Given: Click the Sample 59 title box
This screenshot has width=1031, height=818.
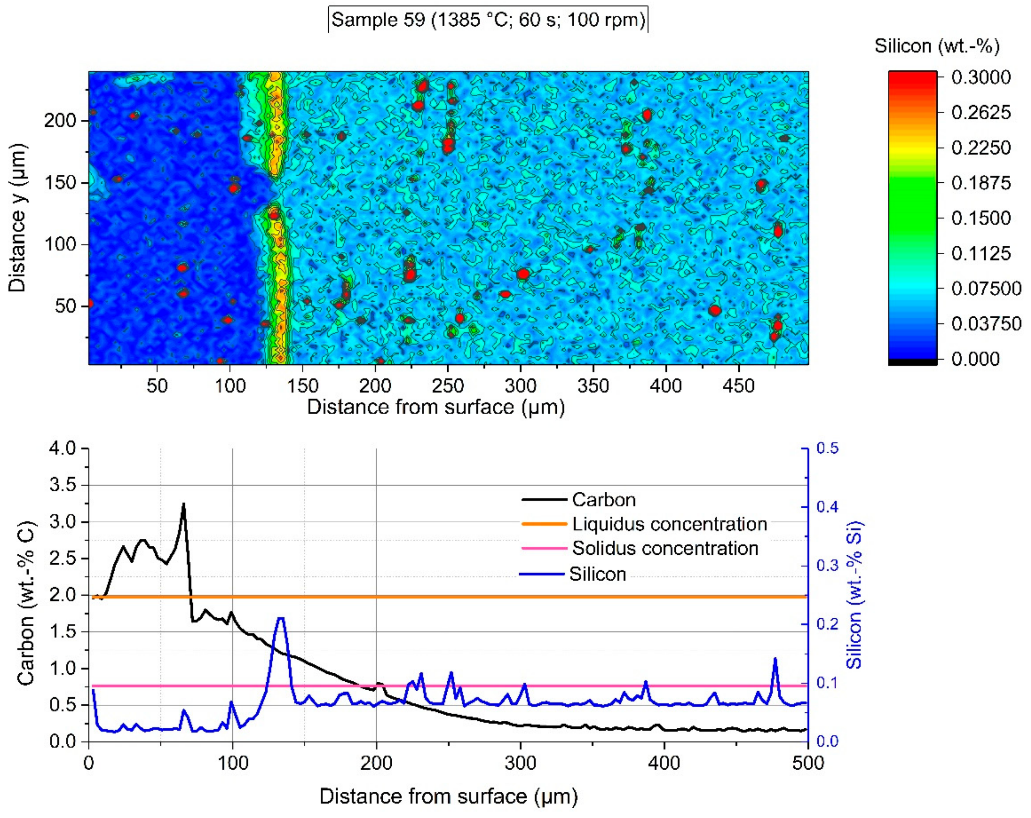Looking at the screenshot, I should click(488, 20).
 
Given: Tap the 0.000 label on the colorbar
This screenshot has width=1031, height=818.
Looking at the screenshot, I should click(975, 359).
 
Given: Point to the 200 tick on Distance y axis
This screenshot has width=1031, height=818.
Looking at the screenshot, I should click(60, 120).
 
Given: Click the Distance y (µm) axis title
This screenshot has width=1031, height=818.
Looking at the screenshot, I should click(17, 218).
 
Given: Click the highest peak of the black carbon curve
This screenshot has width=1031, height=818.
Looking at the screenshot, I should click(183, 504).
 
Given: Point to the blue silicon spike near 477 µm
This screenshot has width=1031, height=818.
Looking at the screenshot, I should click(775, 660).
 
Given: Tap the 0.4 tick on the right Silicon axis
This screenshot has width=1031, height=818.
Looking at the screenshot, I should click(827, 507).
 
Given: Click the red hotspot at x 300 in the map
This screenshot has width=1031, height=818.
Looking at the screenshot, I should click(523, 274).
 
